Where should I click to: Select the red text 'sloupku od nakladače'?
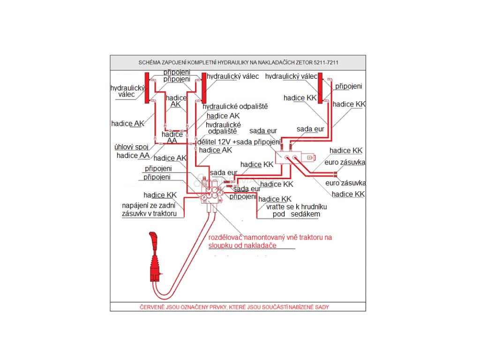242,246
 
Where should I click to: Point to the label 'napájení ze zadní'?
149,205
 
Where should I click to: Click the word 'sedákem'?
305,214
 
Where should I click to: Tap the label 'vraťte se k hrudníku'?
296,206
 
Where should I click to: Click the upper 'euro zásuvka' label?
347,163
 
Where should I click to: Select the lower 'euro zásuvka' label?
345,183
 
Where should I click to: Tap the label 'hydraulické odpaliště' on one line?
235,106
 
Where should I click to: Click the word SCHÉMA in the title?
151,62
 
